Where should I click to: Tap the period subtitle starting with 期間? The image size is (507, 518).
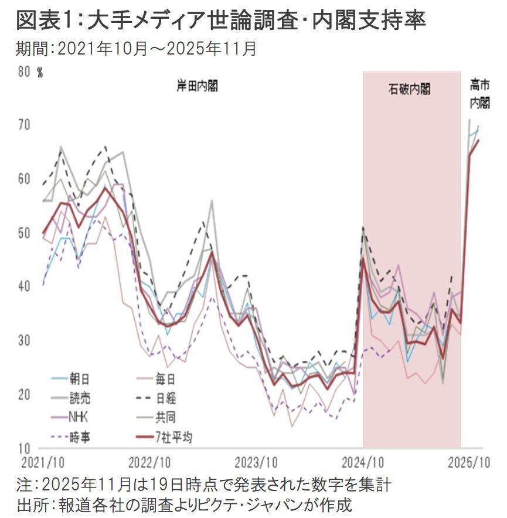(136, 49)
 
